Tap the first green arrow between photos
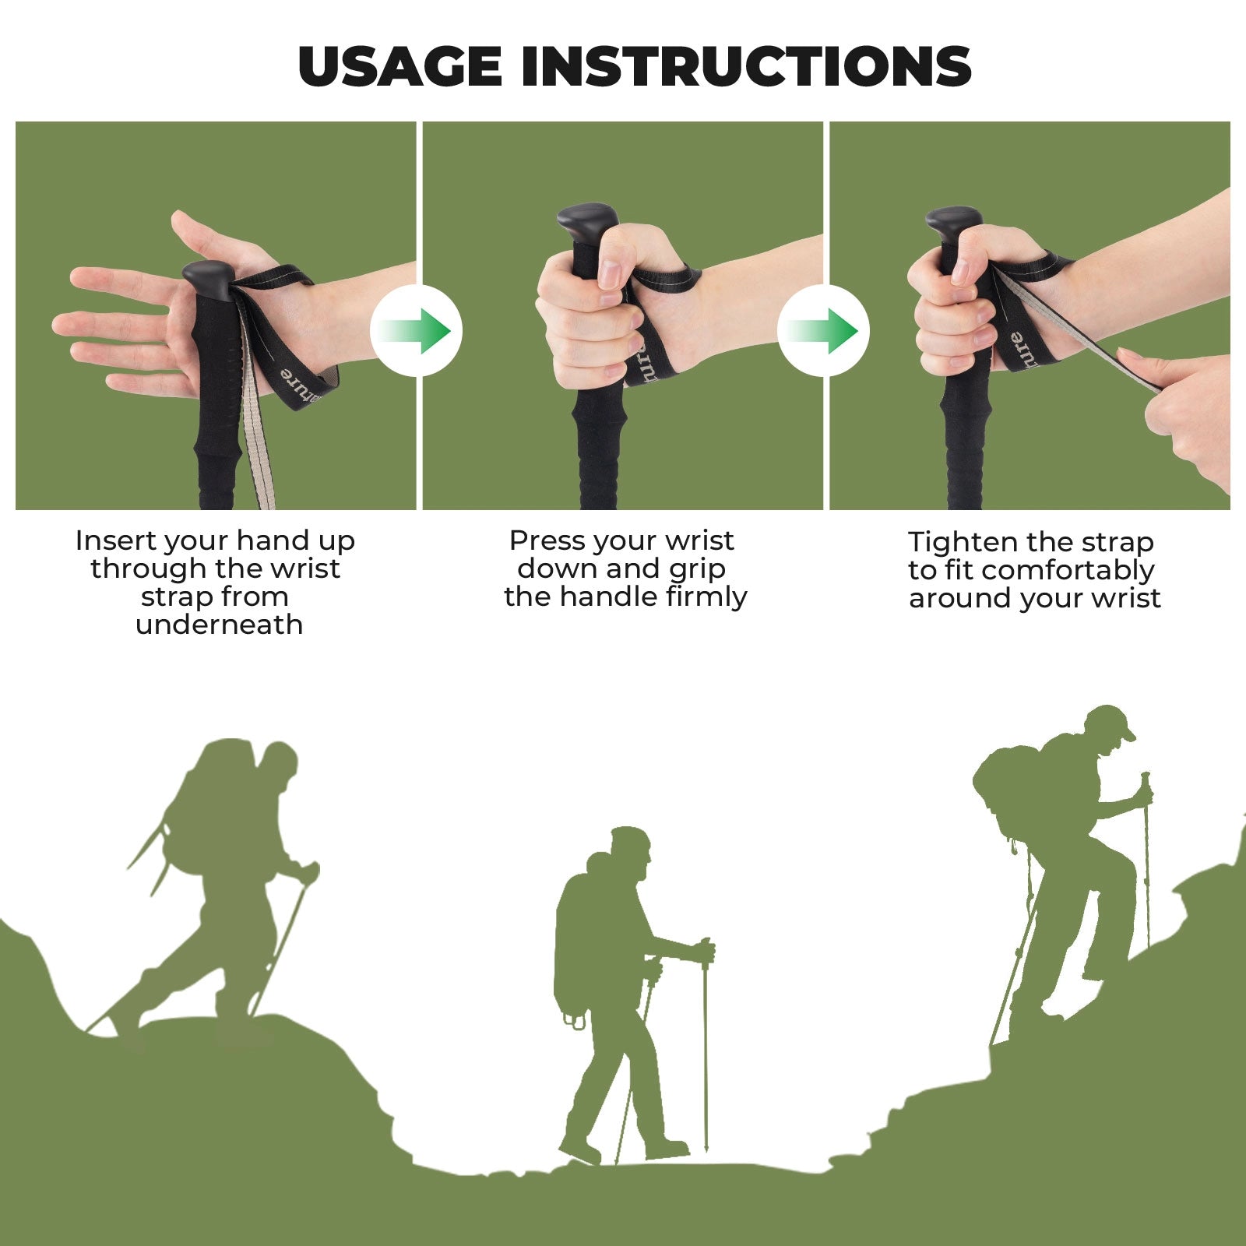pyautogui.click(x=417, y=331)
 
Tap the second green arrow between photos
pyautogui.click(x=824, y=331)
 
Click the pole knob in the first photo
pyautogui.click(x=207, y=280)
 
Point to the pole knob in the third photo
pyautogui.click(x=953, y=223)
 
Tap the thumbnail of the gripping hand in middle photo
pyautogui.click(x=610, y=273)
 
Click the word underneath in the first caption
pyautogui.click(x=219, y=625)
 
